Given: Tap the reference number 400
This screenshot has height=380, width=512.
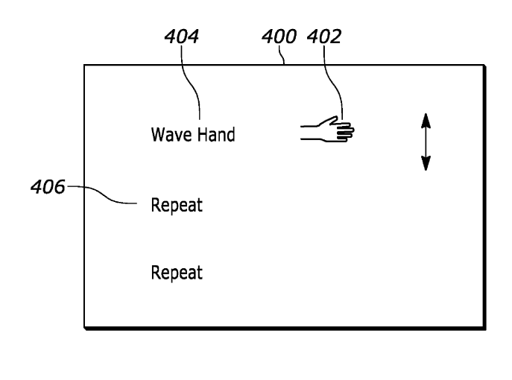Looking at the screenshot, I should click(279, 37).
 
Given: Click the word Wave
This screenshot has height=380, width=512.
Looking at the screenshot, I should click(168, 135).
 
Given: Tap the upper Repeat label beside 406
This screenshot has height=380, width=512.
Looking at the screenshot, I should click(177, 205).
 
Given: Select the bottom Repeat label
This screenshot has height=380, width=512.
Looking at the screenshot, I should click(177, 272).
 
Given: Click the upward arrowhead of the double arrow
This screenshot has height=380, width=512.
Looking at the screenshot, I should click(425, 118).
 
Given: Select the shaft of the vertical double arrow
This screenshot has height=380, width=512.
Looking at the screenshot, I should click(425, 142).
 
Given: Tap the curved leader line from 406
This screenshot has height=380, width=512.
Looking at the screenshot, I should click(104, 195).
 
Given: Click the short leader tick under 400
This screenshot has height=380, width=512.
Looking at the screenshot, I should click(284, 58).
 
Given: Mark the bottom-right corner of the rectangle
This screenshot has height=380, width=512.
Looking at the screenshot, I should click(485, 326).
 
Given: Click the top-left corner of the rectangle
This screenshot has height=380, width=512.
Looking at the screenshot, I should click(83, 65).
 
